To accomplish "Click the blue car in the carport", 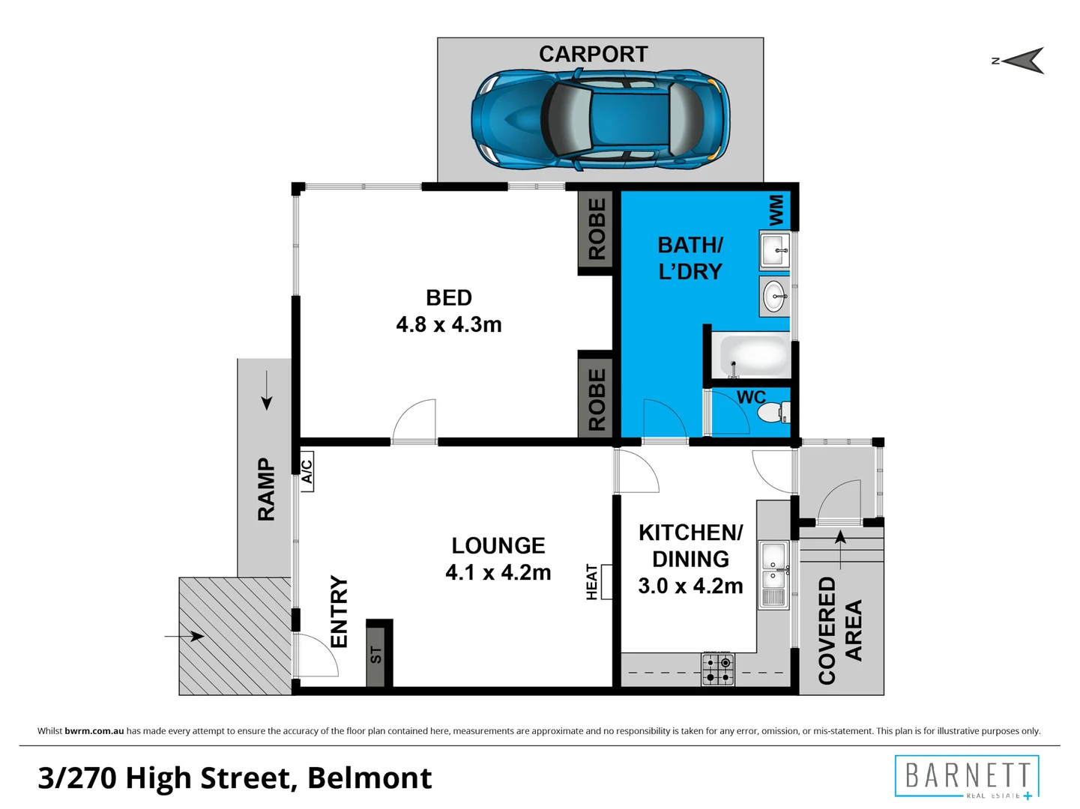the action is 600,120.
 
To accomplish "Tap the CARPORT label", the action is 593,54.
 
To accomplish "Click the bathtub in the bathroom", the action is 752,355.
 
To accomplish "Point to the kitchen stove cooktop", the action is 718,670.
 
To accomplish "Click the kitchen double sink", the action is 774,575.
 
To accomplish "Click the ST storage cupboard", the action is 378,653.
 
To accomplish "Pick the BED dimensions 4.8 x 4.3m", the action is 449,324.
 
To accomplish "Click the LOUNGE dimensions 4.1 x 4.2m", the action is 498,572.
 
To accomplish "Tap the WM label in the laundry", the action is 776,210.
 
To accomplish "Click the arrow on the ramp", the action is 267,390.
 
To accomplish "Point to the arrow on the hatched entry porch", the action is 184,637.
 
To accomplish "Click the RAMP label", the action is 266,489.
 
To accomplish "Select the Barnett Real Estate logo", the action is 967,777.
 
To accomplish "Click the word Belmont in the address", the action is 369,778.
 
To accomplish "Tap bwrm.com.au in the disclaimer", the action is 94,731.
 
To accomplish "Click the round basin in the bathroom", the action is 774,297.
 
